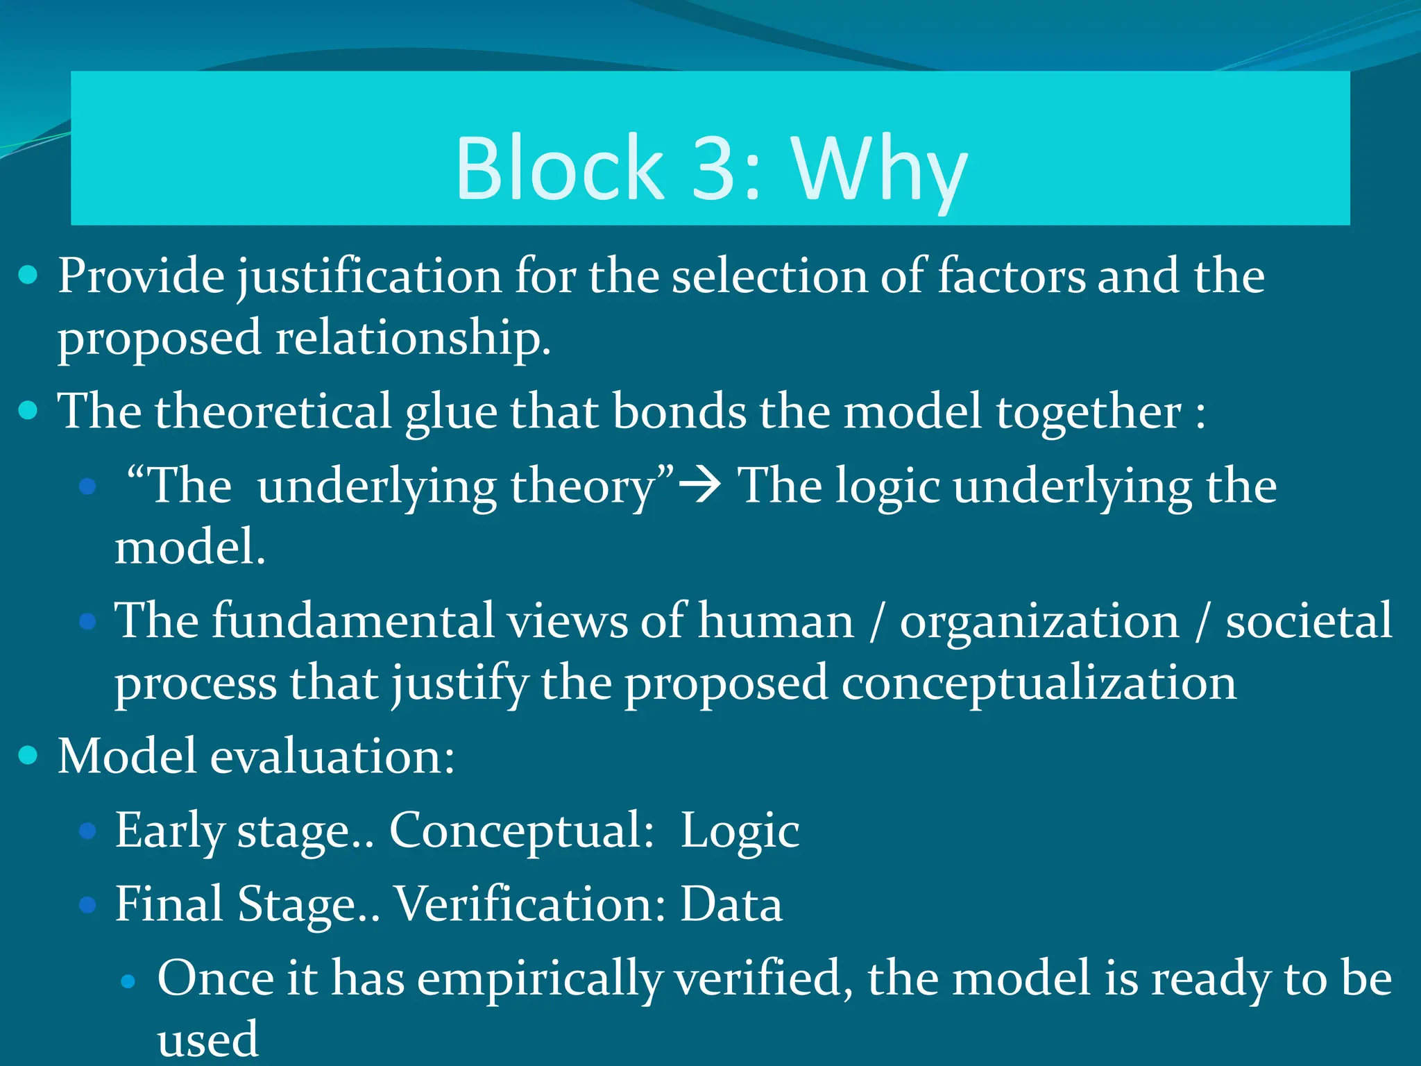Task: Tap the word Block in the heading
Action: pos(559,168)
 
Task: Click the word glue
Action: pos(451,412)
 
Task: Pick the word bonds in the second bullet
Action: pos(679,411)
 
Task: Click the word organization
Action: pos(1039,621)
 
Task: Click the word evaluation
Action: pos(332,756)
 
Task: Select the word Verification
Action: pos(530,904)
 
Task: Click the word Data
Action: pos(731,904)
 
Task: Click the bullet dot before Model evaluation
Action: pos(28,755)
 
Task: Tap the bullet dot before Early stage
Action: pos(87,831)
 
